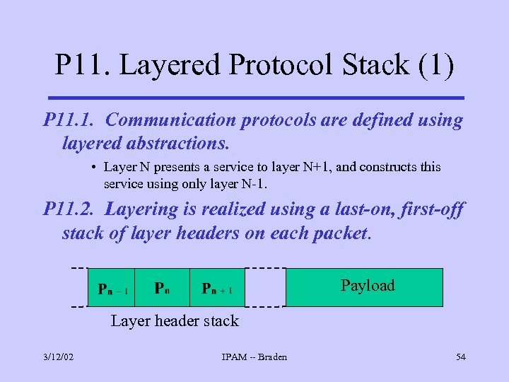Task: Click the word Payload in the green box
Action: click(x=368, y=286)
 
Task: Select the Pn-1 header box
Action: click(x=112, y=288)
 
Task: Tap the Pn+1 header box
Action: click(x=218, y=288)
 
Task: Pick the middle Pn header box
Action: click(x=163, y=288)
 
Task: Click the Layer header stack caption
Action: click(x=175, y=321)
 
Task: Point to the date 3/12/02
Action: click(x=57, y=357)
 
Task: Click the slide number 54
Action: click(x=461, y=357)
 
